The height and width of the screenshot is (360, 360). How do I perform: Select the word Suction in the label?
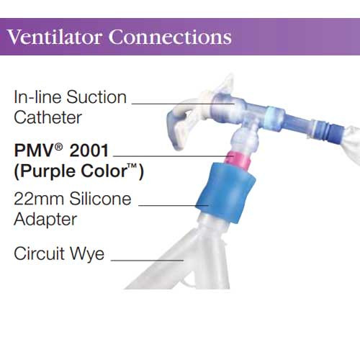96,96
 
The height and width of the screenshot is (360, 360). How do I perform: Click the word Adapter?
42,217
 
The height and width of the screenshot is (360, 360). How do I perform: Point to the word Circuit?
40,253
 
